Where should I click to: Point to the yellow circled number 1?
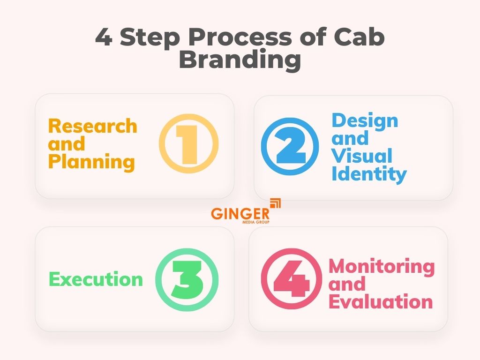click(189, 144)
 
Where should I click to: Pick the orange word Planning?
click(92, 162)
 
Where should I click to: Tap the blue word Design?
click(365, 120)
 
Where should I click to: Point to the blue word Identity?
click(369, 174)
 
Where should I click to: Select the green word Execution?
click(96, 279)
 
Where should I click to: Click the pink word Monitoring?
click(382, 266)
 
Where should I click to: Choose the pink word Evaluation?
click(380, 301)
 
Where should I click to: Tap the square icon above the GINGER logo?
click(276, 202)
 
